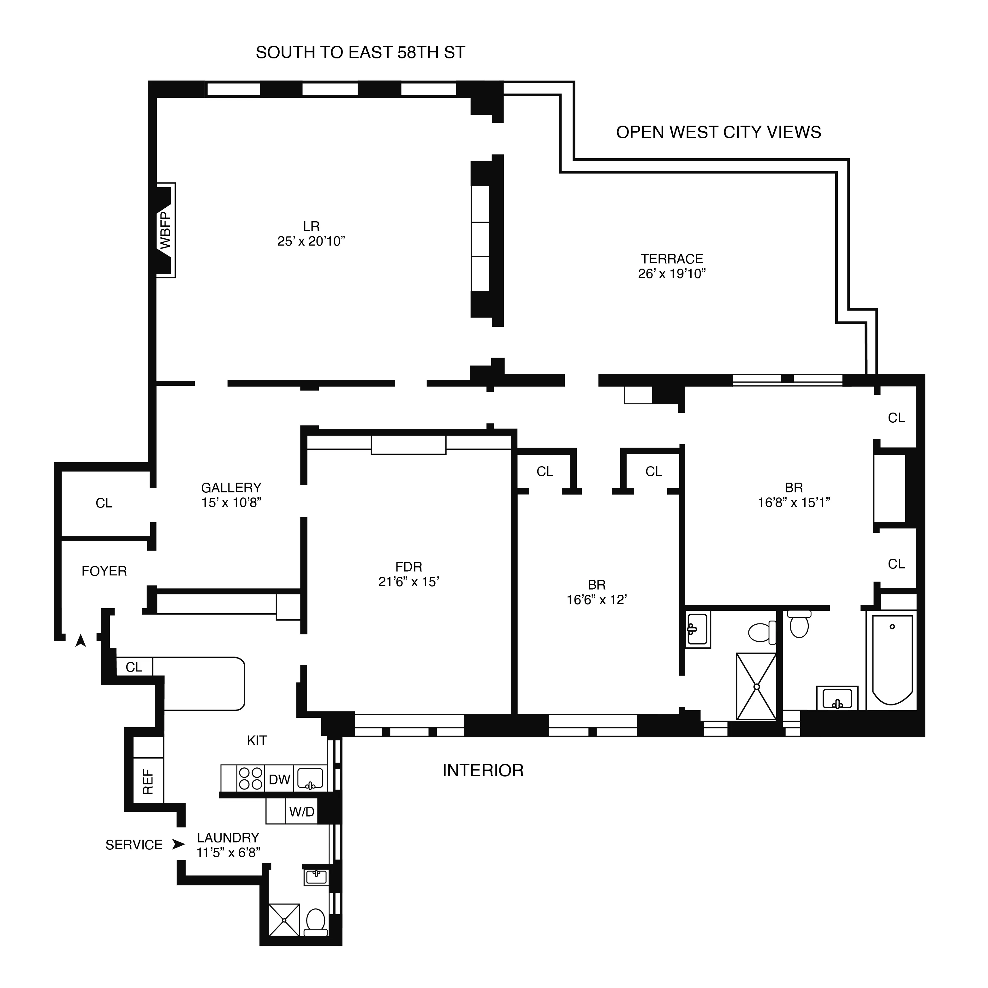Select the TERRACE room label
click(672, 259)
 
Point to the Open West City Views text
click(718, 133)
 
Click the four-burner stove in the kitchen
click(251, 778)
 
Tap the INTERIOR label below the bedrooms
click(483, 770)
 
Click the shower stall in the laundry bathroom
click(284, 920)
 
